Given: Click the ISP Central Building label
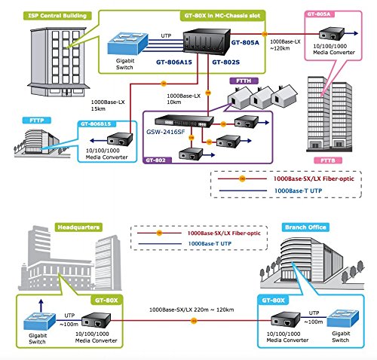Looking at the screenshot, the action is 57,16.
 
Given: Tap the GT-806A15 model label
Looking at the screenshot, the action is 174,62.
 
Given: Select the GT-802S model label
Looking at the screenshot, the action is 225,62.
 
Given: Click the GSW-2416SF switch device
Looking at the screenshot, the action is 184,121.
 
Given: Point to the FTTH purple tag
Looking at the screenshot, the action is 244,81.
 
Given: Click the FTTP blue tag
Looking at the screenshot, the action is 37,121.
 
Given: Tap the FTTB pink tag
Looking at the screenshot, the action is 328,160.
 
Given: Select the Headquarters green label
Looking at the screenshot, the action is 78,227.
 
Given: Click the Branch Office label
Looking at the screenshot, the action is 305,227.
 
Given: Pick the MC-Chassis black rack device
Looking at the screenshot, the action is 207,41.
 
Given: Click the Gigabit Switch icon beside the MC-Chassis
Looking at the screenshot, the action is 127,43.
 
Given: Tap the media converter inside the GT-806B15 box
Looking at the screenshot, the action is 120,139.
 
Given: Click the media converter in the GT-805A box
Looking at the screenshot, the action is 332,34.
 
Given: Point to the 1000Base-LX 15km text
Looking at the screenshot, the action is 108,105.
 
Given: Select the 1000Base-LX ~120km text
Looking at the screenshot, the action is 285,45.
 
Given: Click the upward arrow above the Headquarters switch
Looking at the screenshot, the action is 41,306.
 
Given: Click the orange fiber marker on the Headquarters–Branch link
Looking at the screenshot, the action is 194,321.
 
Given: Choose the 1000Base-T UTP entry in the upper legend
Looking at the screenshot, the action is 298,191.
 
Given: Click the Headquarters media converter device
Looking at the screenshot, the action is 97,320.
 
